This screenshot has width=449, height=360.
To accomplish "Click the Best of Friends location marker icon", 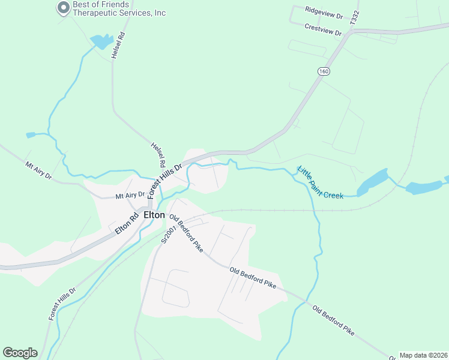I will click(63, 8).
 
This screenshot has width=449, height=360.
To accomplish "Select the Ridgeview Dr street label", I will click(323, 10).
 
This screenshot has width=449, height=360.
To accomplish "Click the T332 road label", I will click(355, 17).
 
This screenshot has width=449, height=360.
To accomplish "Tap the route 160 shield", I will click(324, 71).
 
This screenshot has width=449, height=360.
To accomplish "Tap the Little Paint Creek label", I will click(321, 182).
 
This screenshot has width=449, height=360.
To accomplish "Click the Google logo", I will click(20, 353).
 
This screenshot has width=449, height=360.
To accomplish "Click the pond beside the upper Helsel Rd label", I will click(101, 41).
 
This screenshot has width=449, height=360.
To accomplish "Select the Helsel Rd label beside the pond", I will click(119, 44).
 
